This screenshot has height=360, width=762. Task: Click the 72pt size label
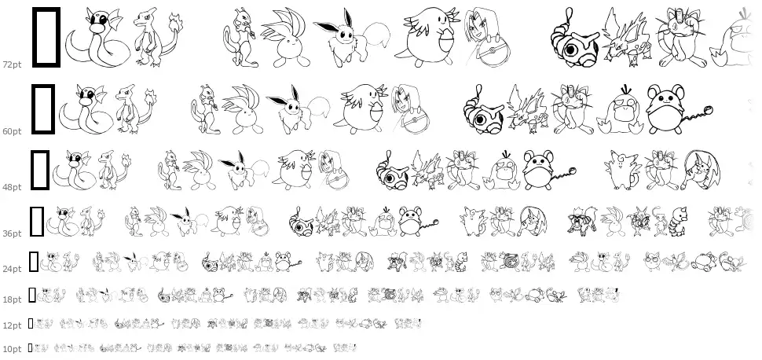pyautogui.click(x=12, y=64)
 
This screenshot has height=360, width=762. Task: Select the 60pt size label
pyautogui.click(x=12, y=131)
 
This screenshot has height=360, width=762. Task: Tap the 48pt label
pyautogui.click(x=12, y=187)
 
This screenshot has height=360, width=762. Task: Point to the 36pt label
pyautogui.click(x=12, y=233)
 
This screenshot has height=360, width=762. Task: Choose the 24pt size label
pyautogui.click(x=12, y=269)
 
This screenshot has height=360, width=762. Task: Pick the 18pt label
pyautogui.click(x=12, y=299)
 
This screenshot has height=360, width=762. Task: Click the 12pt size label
pyautogui.click(x=12, y=325)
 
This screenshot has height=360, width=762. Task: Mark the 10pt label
pyautogui.click(x=12, y=349)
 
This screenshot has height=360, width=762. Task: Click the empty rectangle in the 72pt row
pyautogui.click(x=34, y=37)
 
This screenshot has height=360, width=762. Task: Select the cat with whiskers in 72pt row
pyautogui.click(x=680, y=37)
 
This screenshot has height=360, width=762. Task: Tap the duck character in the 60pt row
pyautogui.click(x=620, y=111)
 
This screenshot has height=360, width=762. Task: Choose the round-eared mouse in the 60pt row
pyautogui.click(x=667, y=109)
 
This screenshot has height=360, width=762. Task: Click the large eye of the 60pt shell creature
pyautogui.click(x=482, y=120)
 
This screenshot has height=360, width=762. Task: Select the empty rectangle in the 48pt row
pyautogui.click(x=32, y=170)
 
